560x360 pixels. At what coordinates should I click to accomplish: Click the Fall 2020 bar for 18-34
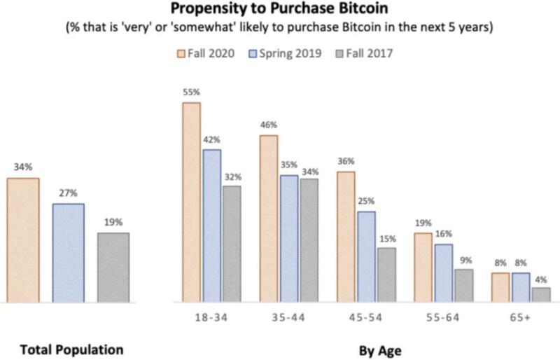pos(191,202)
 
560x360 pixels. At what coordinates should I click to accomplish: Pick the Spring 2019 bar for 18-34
pos(211,226)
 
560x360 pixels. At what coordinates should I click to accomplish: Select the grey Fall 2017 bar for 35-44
pos(309,240)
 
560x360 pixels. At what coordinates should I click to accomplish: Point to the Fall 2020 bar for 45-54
pos(345,237)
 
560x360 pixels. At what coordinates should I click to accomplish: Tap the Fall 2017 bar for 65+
pos(541,295)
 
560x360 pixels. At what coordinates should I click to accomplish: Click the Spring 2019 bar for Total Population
pos(68,253)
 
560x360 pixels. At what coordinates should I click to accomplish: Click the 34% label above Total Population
pos(23,167)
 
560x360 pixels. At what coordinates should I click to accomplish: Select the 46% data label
pos(268,125)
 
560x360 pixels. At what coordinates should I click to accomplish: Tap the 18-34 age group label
pos(211,317)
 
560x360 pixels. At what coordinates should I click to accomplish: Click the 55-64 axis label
pos(443,317)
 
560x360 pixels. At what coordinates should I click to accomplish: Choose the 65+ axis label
pos(520,317)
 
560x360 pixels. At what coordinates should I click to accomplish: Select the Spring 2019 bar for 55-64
pos(442,273)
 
